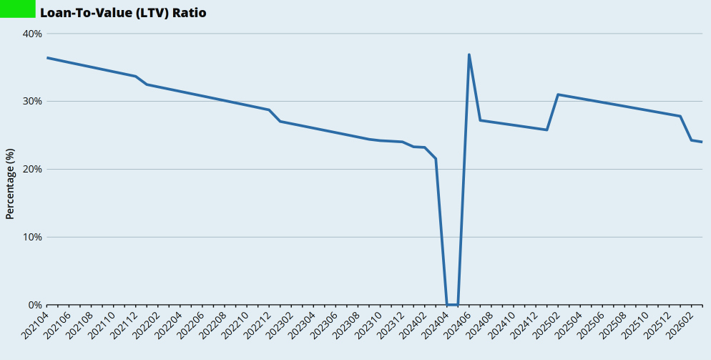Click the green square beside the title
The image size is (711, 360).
tap(17, 9)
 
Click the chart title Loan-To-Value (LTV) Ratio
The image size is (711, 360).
tap(123, 12)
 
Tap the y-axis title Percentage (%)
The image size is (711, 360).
tap(10, 184)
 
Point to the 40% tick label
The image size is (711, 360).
tap(33, 34)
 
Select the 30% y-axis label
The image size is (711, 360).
tap(33, 102)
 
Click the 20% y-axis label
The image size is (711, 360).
tap(33, 169)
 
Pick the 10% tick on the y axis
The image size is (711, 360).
tap(33, 237)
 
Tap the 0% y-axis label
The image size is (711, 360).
tap(35, 305)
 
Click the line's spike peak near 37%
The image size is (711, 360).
tap(469, 54)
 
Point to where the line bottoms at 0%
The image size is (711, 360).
tap(452, 304)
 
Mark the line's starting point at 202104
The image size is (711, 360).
tap(47, 57)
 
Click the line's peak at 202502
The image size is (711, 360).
tap(558, 94)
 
